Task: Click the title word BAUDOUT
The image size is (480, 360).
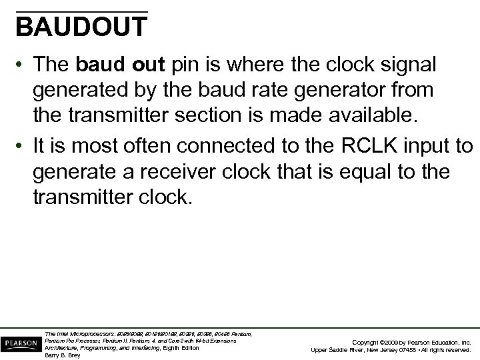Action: click(81, 27)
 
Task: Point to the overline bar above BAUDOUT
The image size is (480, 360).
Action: click(81, 12)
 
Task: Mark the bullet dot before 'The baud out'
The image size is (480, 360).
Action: click(22, 65)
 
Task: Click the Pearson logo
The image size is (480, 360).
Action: click(20, 342)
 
